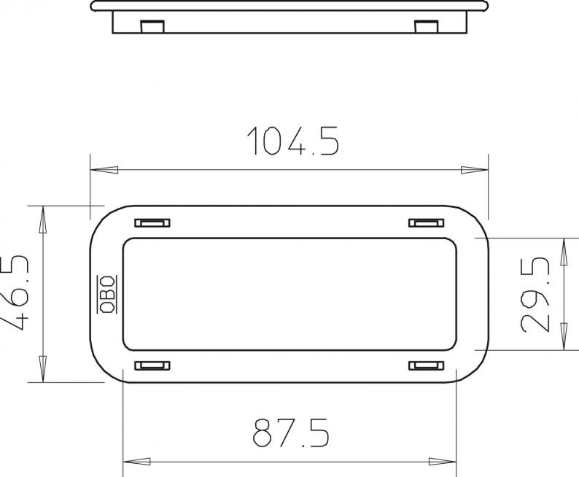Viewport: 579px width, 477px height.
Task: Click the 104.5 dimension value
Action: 293,141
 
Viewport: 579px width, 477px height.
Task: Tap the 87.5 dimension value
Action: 291,433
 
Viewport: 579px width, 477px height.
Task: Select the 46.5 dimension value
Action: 15,292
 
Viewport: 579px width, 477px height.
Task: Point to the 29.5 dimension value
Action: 535,295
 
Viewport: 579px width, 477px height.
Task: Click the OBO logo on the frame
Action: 106,295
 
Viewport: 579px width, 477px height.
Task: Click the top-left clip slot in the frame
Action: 152,222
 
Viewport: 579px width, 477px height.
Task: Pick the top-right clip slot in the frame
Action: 426,222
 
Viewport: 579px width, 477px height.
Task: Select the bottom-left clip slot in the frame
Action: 152,365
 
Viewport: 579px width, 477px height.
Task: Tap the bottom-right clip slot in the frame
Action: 426,365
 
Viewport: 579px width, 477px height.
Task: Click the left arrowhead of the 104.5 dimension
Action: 104,170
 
